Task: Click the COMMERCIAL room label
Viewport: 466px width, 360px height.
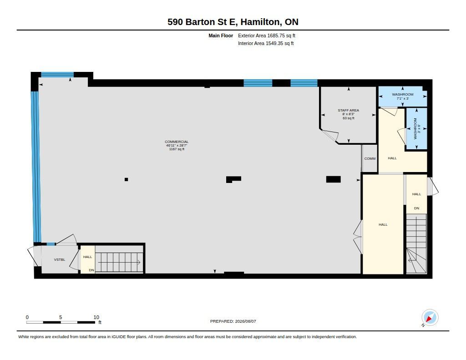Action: (177, 142)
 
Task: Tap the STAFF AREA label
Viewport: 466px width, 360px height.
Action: (348, 110)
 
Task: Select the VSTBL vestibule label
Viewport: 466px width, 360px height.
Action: (60, 259)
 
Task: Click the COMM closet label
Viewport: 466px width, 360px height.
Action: (370, 158)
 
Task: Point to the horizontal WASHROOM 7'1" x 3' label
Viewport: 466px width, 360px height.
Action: (403, 96)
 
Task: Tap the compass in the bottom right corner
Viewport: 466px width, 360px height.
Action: (430, 318)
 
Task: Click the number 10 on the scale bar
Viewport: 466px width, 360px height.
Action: (96, 317)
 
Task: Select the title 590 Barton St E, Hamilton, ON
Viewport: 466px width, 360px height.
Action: (233, 22)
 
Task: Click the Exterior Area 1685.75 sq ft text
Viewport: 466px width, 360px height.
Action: (267, 35)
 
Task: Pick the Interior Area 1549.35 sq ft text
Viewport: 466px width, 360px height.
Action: (266, 43)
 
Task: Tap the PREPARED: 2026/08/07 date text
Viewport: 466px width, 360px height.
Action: (233, 321)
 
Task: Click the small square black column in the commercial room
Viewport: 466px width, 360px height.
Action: (127, 179)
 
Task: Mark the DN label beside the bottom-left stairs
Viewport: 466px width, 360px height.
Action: (91, 270)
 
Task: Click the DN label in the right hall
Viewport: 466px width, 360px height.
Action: (417, 208)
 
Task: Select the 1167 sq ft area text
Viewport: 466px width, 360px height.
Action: (177, 149)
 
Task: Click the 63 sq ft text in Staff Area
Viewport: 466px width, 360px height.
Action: (349, 118)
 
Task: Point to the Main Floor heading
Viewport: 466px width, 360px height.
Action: (221, 35)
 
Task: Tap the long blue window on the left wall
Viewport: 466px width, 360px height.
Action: (35, 167)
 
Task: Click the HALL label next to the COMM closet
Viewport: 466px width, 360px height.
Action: (392, 158)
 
